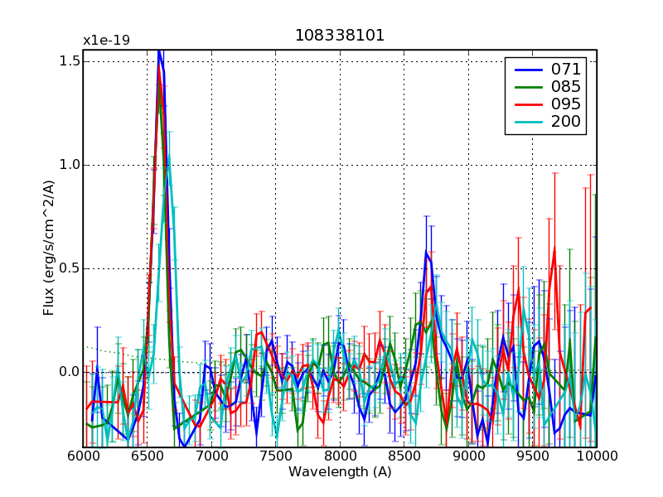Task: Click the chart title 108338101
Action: pyautogui.click(x=340, y=36)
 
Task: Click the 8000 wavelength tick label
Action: pyautogui.click(x=340, y=456)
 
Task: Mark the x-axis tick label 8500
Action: pyautogui.click(x=404, y=456)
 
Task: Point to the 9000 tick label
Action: pyautogui.click(x=468, y=456)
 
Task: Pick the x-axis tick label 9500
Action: pyautogui.click(x=532, y=456)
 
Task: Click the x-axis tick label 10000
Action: pyautogui.click(x=595, y=456)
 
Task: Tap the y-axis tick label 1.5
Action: pyautogui.click(x=70, y=61)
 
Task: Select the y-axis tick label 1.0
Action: pyautogui.click(x=70, y=165)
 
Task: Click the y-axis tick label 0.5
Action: pyautogui.click(x=70, y=268)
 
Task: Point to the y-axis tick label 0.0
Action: pyautogui.click(x=70, y=372)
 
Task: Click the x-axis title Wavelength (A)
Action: pyautogui.click(x=340, y=472)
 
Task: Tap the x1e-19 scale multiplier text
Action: pyautogui.click(x=106, y=40)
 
